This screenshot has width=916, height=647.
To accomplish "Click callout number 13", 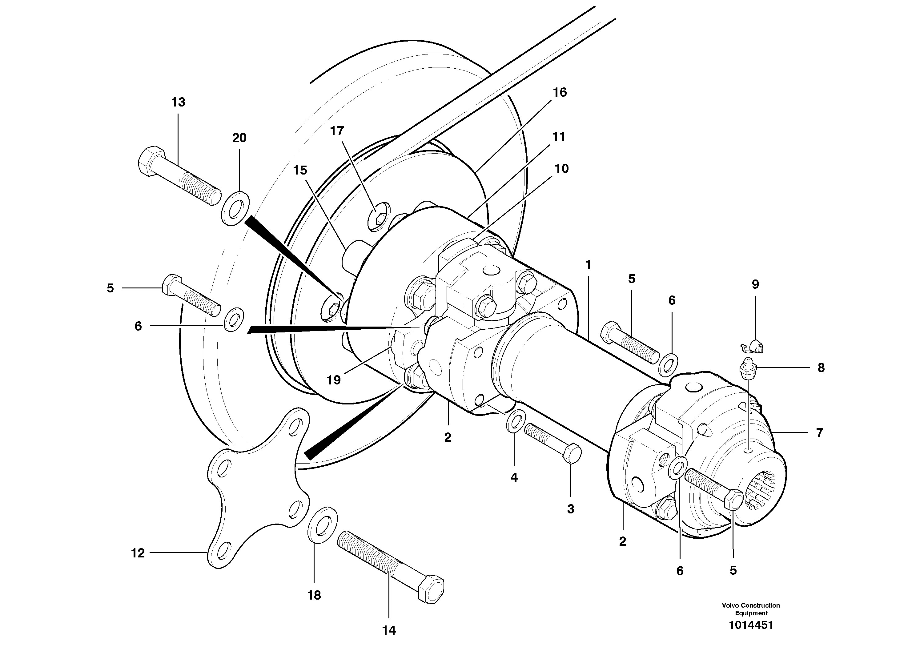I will click(178, 102).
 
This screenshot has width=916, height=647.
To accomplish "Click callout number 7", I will click(819, 433).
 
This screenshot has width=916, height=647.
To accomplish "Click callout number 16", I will click(560, 93).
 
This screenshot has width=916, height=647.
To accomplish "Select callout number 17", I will click(337, 131).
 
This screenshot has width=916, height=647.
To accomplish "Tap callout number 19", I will click(334, 380).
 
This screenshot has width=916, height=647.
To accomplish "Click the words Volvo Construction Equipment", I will click(750, 609).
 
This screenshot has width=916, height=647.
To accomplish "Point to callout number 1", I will click(588, 264).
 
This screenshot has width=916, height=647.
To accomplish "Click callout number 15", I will click(300, 170).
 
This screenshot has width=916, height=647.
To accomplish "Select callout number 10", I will click(561, 169).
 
